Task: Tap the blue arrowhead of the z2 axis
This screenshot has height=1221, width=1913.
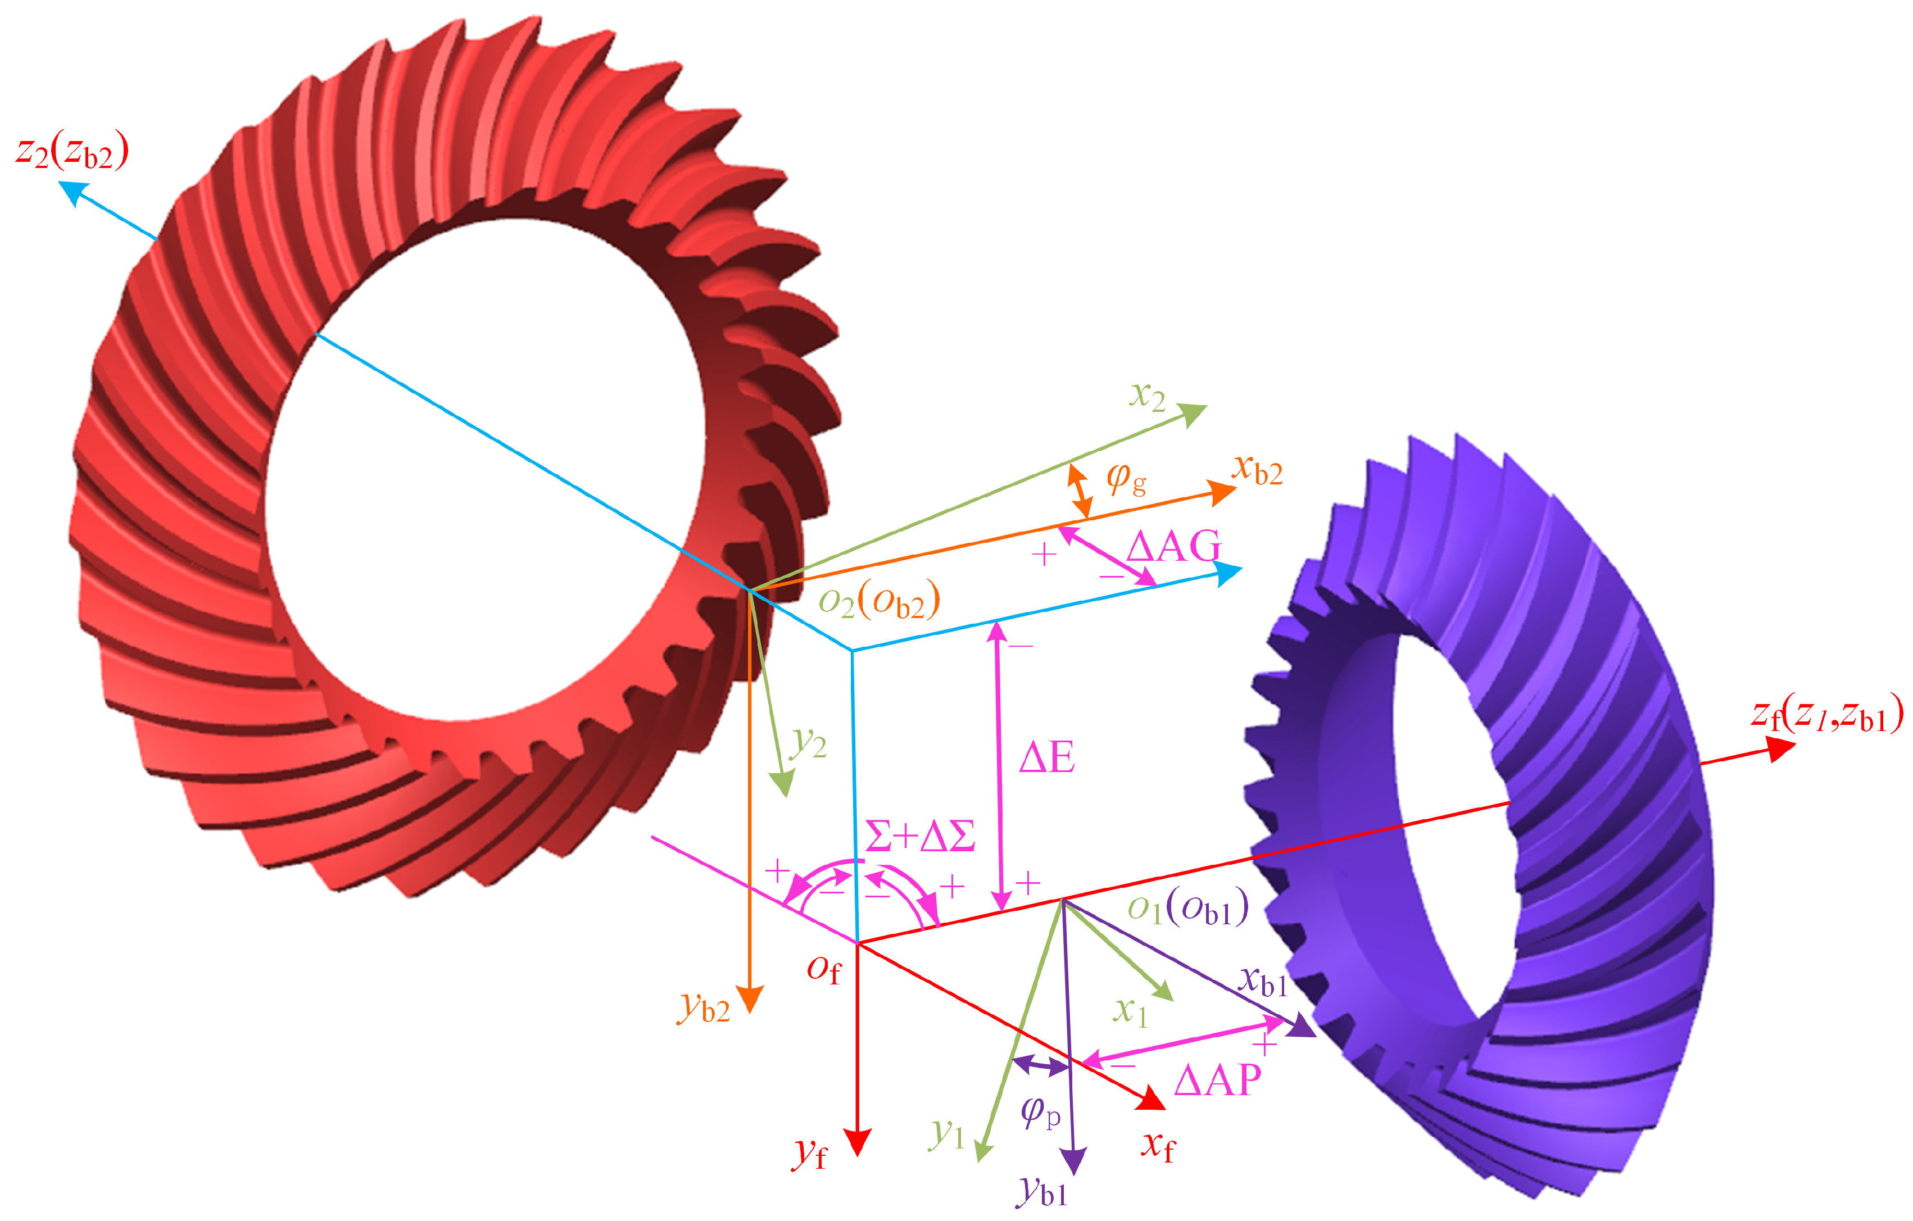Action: coord(73,192)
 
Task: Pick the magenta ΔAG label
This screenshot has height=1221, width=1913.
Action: coord(1173,547)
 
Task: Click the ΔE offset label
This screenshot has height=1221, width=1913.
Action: coord(1047,757)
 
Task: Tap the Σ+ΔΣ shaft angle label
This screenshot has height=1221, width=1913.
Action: coord(920,836)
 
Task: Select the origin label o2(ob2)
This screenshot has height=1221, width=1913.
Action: coord(880,601)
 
